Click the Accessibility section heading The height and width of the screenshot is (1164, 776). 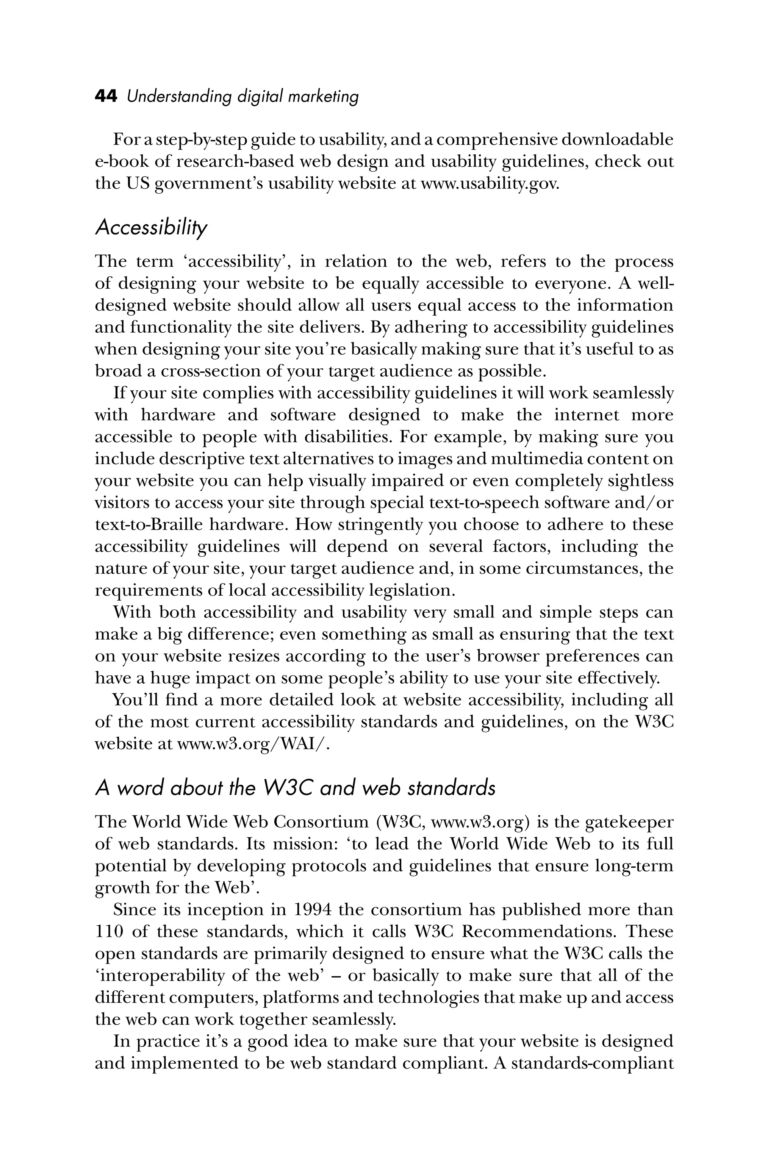click(151, 227)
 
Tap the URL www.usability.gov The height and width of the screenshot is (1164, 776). click(490, 184)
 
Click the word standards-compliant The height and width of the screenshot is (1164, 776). click(592, 1063)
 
